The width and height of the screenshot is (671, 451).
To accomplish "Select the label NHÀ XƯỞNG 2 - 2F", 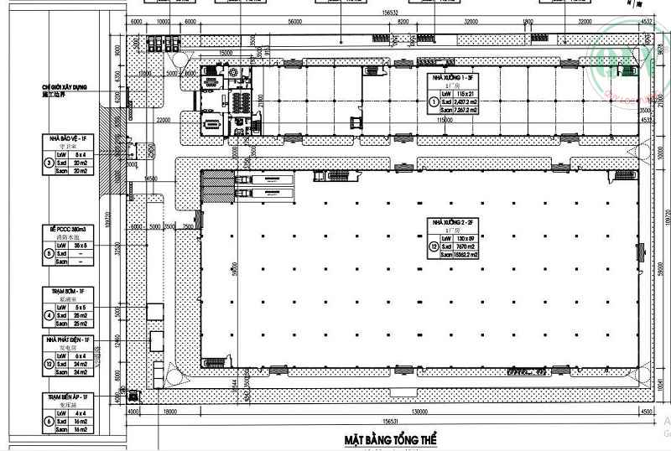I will coord(454,222).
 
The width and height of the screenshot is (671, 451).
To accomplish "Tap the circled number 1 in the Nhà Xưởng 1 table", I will coord(434,102).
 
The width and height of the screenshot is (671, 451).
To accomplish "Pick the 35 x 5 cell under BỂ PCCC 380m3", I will coord(81,246).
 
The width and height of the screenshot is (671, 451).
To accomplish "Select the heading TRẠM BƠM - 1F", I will coord(71,290).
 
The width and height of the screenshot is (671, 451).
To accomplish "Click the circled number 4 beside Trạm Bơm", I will coord(48,315).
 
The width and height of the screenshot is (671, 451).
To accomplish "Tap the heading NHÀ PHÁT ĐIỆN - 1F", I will coord(71,340).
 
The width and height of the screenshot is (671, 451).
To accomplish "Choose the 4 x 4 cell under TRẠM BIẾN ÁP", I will coord(81,412).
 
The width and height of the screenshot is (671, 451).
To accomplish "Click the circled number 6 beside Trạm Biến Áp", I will coord(48,421).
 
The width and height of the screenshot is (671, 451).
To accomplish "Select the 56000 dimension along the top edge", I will coord(294,23).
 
